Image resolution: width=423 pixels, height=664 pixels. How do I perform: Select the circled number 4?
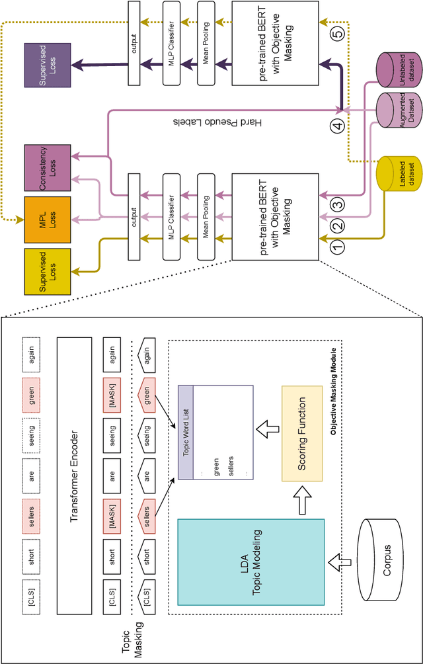pos(338,126)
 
